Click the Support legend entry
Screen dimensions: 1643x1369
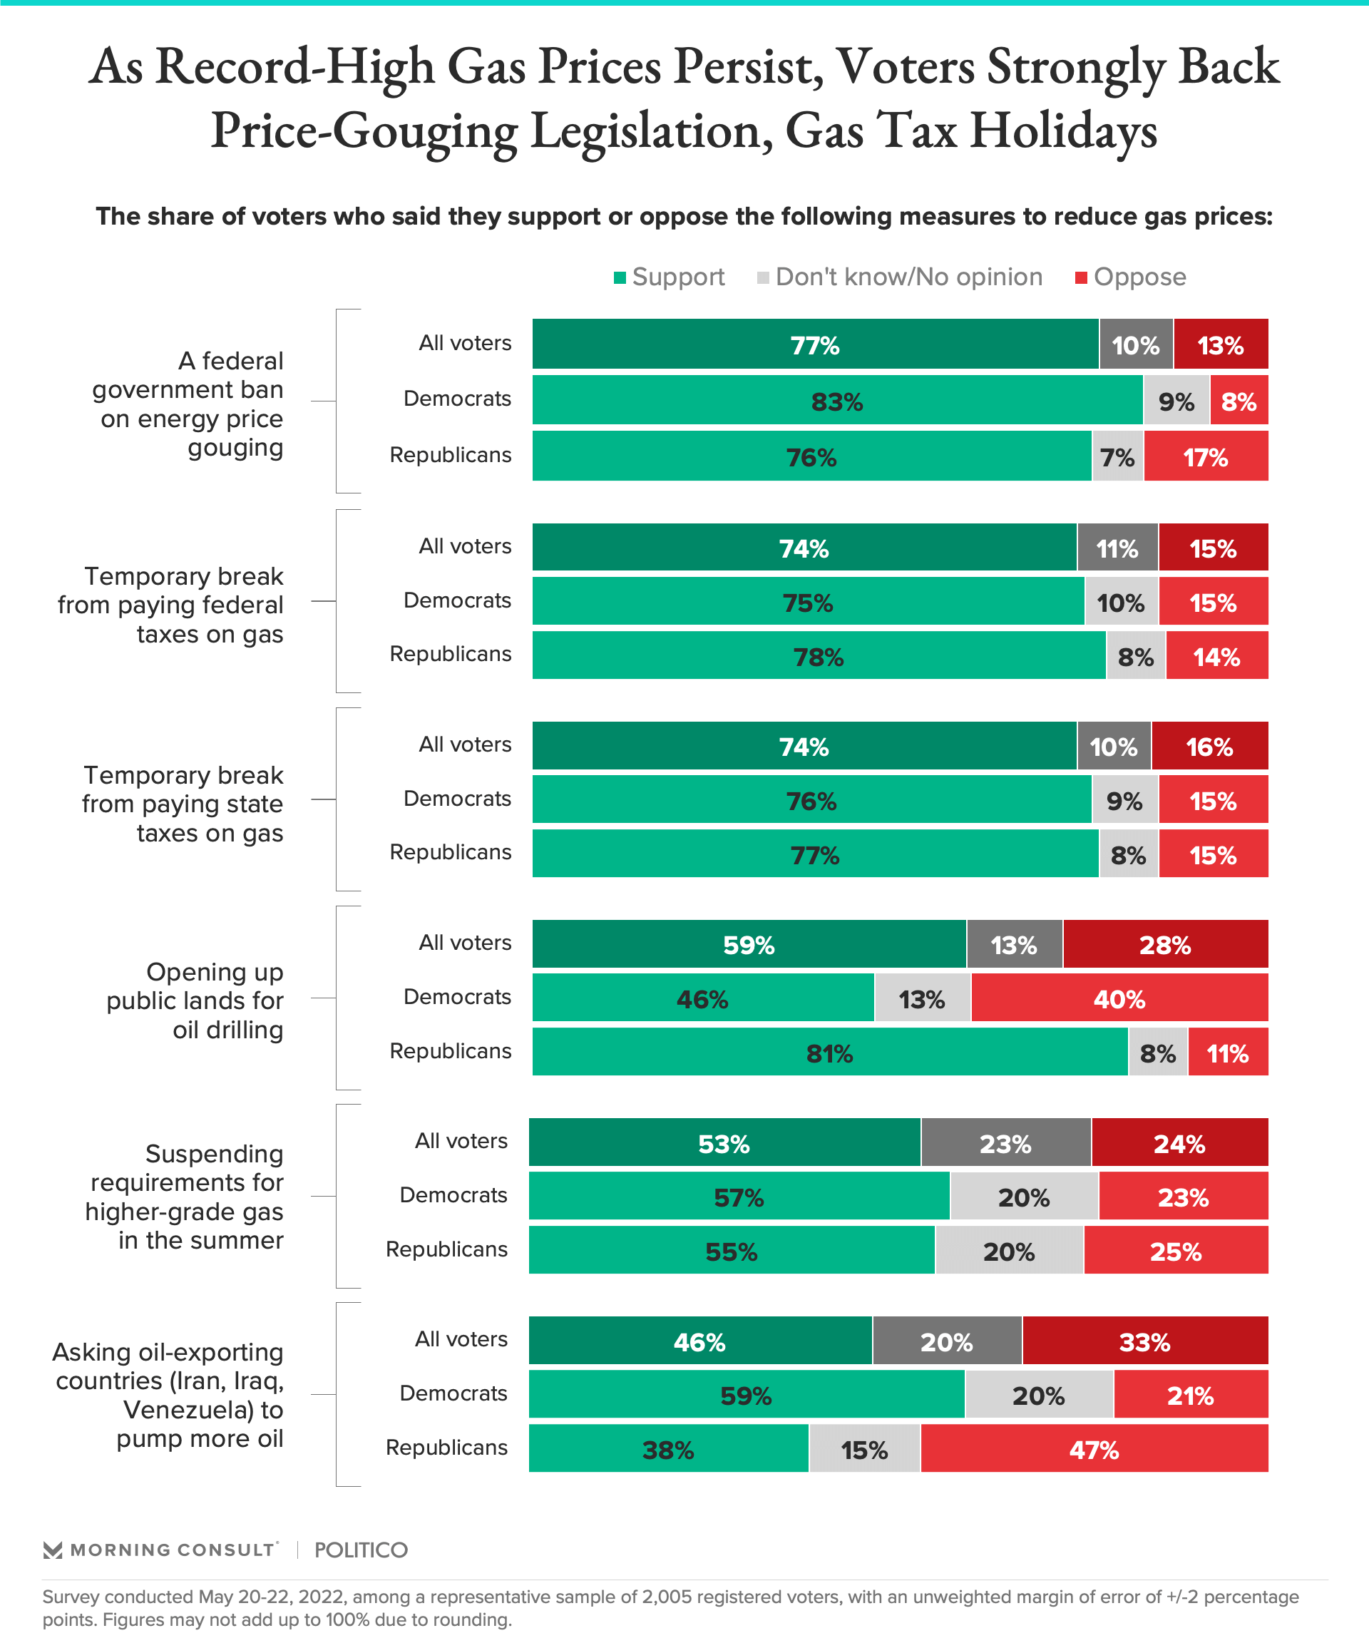coord(670,277)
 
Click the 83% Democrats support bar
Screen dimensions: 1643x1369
coord(837,401)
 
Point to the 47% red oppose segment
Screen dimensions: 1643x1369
coord(1094,1450)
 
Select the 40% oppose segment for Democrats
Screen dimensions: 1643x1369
coord(1119,998)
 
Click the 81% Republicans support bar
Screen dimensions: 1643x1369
coord(829,1053)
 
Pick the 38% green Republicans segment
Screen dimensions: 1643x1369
coord(668,1450)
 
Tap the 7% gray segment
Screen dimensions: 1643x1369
coord(1117,457)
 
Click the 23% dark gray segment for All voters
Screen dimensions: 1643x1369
coord(1005,1144)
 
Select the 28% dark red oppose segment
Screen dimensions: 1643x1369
coord(1165,944)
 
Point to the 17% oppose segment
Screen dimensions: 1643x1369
coord(1206,457)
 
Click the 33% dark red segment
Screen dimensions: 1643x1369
coord(1144,1342)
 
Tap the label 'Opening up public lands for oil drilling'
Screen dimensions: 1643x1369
coord(195,1000)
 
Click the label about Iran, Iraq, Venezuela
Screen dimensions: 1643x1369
coord(168,1395)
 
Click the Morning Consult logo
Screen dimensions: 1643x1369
coord(160,1549)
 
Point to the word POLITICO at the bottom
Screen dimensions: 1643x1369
coord(361,1550)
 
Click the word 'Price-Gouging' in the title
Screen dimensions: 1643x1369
coord(364,130)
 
